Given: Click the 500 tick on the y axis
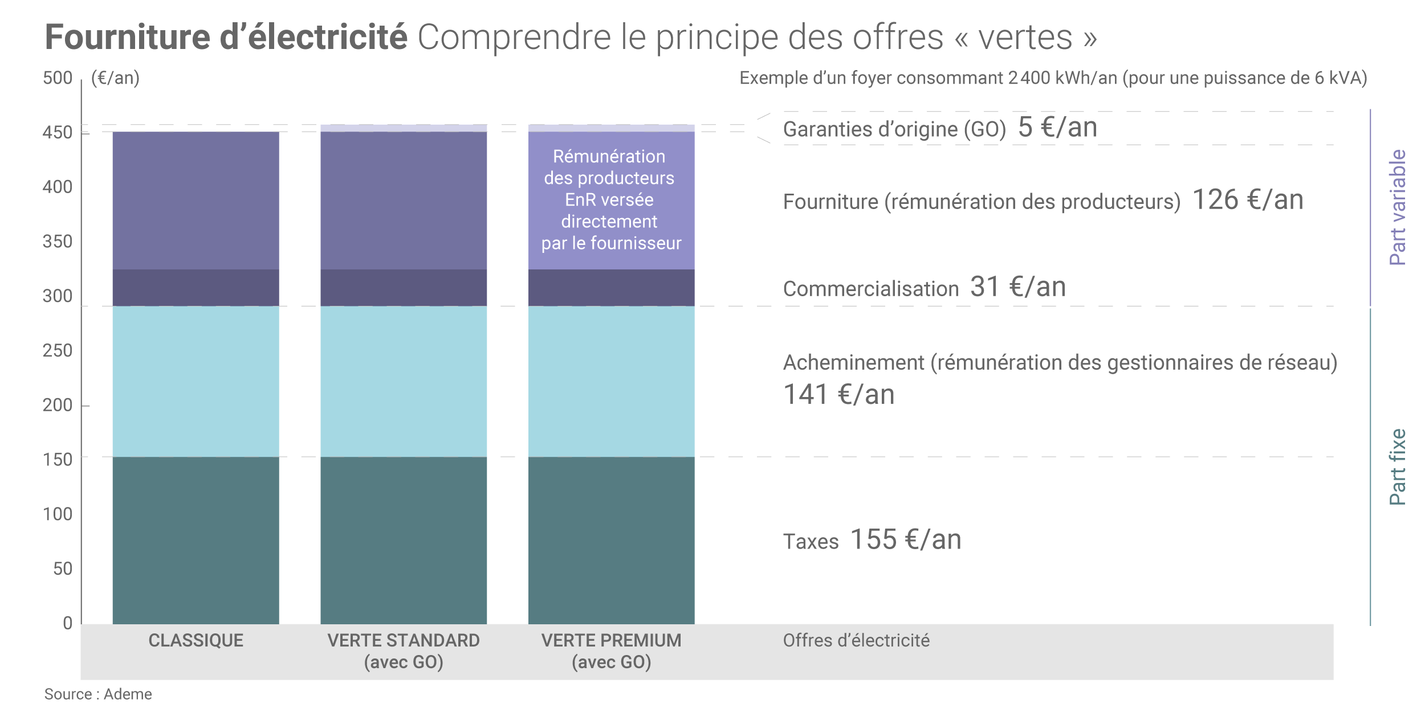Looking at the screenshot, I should [x=58, y=78].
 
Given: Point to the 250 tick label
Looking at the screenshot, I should [x=58, y=350].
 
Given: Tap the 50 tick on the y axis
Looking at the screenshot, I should [x=62, y=568].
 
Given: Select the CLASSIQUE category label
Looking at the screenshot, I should [x=196, y=640].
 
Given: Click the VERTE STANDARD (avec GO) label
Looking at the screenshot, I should [x=404, y=651].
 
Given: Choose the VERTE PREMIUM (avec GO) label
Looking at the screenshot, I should [x=611, y=651].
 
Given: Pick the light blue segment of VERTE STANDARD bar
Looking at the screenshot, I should [x=404, y=382].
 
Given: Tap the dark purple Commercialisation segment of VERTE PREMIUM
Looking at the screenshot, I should [x=611, y=288].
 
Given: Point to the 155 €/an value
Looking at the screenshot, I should [x=906, y=539].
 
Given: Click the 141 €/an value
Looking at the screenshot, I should [x=838, y=394].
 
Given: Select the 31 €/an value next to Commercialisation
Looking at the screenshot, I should [x=1018, y=287].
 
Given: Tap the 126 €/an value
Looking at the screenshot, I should [x=1248, y=200].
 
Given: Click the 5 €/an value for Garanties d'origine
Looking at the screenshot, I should [x=1057, y=127].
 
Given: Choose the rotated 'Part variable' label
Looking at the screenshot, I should [x=1397, y=207].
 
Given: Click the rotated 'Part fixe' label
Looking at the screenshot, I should [x=1397, y=467].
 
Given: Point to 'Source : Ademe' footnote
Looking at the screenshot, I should [x=98, y=694].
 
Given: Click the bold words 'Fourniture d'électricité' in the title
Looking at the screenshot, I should [x=226, y=37].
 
